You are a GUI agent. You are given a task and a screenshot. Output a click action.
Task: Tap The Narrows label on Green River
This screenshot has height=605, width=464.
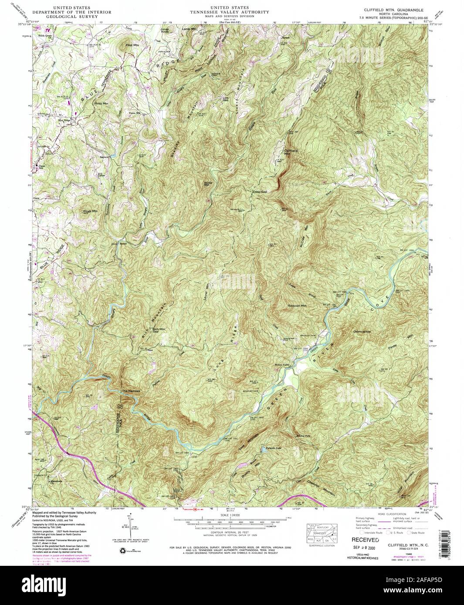[x=131, y=392]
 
